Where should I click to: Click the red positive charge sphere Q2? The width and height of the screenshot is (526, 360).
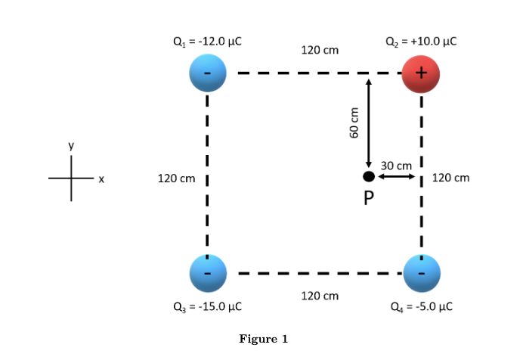click(x=421, y=73)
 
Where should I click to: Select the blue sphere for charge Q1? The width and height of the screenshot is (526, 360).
click(x=207, y=73)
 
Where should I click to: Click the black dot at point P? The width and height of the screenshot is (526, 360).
click(x=368, y=176)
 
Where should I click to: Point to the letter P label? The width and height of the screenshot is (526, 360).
click(x=369, y=198)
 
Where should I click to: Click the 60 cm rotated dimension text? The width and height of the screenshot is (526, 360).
click(x=353, y=121)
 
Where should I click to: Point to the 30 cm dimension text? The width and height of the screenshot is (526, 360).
click(x=397, y=165)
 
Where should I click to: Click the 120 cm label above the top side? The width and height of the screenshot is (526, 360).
click(x=320, y=50)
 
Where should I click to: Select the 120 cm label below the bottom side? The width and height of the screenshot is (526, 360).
click(x=320, y=295)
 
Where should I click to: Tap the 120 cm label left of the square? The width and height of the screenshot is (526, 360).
click(x=176, y=178)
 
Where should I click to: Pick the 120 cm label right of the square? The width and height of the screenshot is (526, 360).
click(x=450, y=178)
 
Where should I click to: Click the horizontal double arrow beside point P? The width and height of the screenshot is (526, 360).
click(x=395, y=176)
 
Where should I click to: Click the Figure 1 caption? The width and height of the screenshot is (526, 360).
click(x=263, y=339)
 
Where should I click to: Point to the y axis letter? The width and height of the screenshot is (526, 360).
click(x=72, y=146)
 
